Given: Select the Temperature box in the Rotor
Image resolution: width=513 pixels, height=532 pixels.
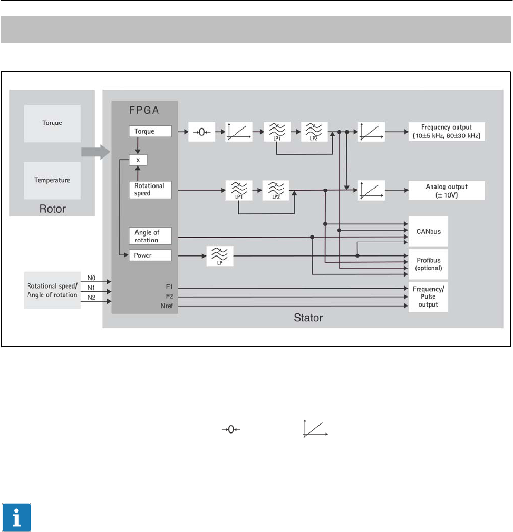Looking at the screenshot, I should pos(52,180).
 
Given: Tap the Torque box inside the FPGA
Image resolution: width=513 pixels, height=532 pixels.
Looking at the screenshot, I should pos(150,131).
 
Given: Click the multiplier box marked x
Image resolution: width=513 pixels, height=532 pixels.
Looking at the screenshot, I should pos(138,159).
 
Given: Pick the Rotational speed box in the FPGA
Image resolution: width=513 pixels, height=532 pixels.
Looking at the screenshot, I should pos(150,190).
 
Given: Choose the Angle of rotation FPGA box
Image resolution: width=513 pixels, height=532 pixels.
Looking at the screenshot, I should pos(150,236).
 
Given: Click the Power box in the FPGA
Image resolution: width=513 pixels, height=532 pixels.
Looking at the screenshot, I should pos(150,256).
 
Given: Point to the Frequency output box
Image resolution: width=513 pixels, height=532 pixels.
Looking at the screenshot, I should pos(447,131).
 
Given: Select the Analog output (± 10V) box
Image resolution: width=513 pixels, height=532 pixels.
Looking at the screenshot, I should pos(447,190).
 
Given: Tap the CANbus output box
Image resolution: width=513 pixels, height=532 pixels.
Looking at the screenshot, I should pos(428,231).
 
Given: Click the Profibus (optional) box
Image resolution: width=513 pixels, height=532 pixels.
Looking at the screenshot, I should pos(428,264).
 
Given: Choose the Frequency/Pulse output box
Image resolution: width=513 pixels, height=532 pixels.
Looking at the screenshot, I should pos(428,297).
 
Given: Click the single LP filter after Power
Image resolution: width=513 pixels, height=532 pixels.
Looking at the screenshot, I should pos(219,257).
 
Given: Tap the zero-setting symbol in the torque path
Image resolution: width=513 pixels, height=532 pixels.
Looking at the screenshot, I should pos(201,132).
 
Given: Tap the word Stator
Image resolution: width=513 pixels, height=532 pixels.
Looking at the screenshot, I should pos(308,318).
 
